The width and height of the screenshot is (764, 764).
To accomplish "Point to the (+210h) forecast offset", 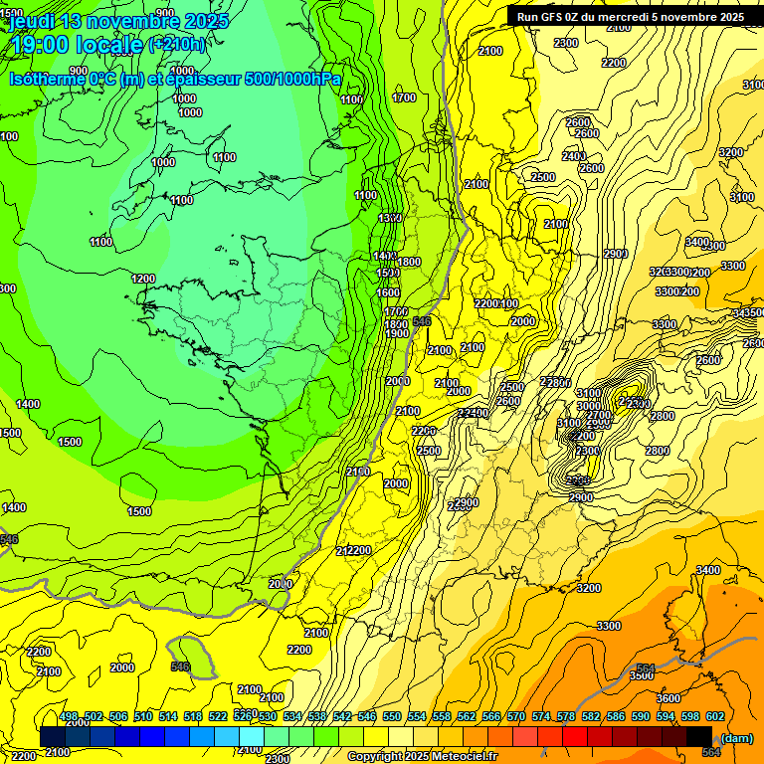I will tap(177, 44).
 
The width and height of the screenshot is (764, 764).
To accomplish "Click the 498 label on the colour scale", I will tap(68, 716).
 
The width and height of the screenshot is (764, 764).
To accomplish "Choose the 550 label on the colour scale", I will tap(391, 716).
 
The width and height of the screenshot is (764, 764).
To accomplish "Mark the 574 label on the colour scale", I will tap(540, 716).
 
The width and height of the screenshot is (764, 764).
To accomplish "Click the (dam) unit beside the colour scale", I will tap(736, 737).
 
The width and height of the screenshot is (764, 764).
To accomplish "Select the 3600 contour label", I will tap(668, 698).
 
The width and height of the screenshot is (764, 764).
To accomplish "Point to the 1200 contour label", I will tap(143, 279).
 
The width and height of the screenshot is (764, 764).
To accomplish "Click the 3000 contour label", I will tap(589, 406).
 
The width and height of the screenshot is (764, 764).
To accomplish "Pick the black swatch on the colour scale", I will tap(699, 736).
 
